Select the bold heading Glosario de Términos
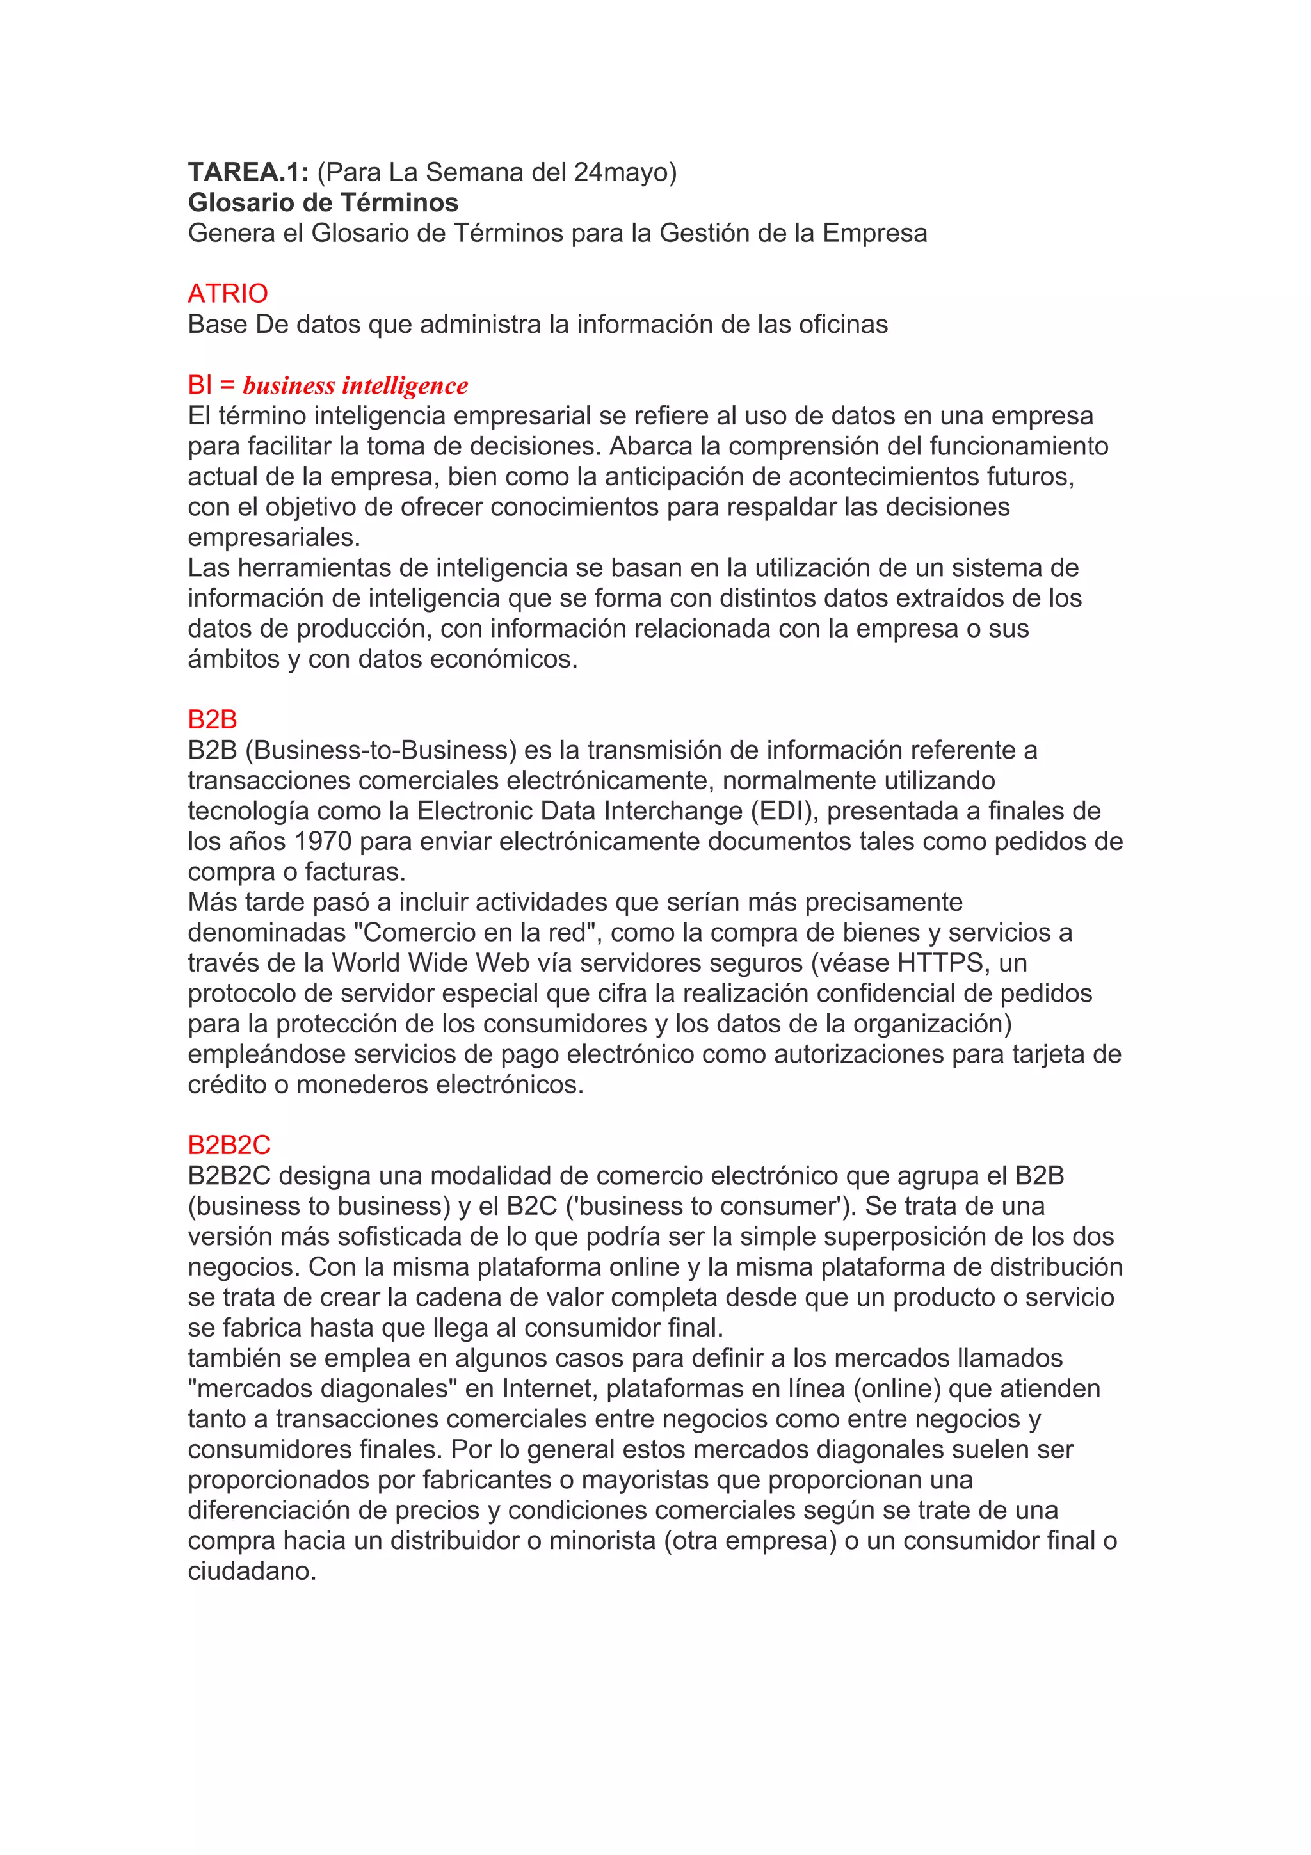tap(323, 203)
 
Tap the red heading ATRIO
tap(228, 293)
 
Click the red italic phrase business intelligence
tap(355, 385)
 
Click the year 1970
tap(323, 842)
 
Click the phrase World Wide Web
tap(431, 963)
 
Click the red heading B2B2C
tap(229, 1146)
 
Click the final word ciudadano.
tap(252, 1571)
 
